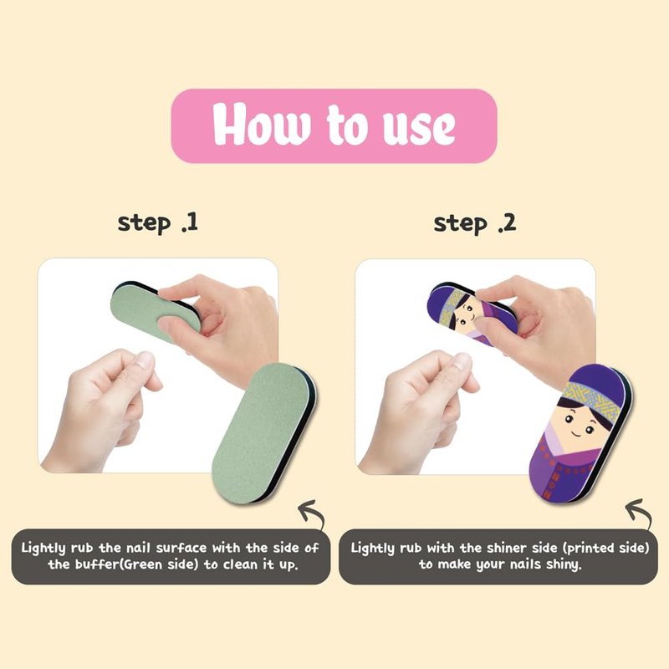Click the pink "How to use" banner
[x=334, y=126]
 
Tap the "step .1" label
[x=158, y=223]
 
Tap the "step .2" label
[x=475, y=223]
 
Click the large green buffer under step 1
[x=263, y=432]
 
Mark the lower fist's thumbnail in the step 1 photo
[x=146, y=359]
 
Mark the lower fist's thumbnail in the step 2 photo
[x=462, y=360]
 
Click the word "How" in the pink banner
[x=260, y=125]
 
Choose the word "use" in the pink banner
[x=419, y=128]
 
